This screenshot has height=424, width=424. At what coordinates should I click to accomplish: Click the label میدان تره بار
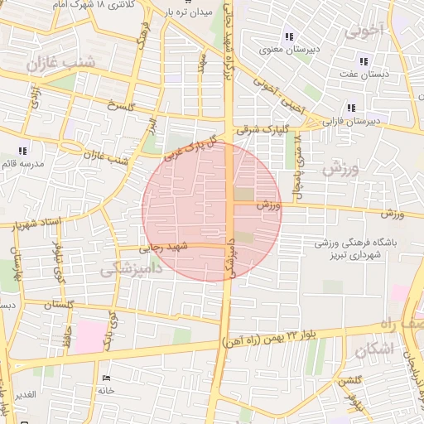pos(189,13)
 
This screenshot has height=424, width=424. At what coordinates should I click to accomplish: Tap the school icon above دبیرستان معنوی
pos(288,36)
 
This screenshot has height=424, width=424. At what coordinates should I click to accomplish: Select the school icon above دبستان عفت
pos(363,61)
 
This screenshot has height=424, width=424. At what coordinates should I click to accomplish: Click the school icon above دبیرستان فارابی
pos(352,108)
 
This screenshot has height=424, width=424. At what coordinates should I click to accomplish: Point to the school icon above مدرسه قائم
pos(22,151)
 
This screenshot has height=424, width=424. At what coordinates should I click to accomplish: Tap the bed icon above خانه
pos(105,378)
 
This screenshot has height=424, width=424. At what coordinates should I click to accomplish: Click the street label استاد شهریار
pos(37,222)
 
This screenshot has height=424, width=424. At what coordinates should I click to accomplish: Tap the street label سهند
pos(201,62)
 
